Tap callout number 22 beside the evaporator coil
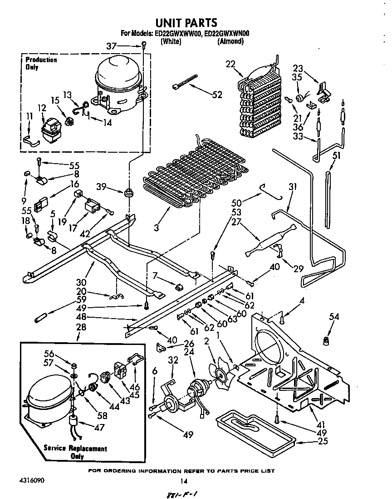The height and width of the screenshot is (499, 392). [x=230, y=64]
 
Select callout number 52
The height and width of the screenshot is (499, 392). [x=217, y=95]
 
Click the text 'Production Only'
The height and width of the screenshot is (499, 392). [x=41, y=63]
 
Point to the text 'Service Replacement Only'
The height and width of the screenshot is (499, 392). [x=75, y=452]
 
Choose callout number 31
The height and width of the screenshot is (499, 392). [x=292, y=186]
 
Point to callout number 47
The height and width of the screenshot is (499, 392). [x=99, y=427]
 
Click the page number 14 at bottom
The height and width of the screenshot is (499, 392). [x=184, y=481]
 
